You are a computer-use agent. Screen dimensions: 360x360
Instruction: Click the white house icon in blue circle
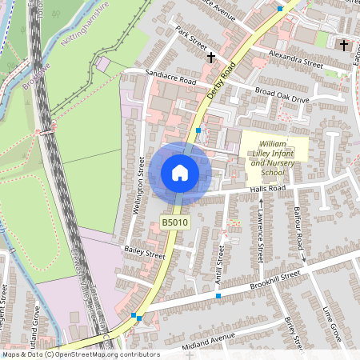click(x=179, y=173)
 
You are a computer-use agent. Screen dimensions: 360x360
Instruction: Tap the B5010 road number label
click(x=174, y=222)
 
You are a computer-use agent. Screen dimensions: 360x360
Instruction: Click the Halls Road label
click(x=267, y=189)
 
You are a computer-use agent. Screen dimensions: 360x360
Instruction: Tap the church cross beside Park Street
click(x=211, y=58)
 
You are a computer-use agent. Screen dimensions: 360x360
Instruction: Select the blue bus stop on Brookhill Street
click(x=218, y=296)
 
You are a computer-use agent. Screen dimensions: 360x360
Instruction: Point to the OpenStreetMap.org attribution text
click(x=80, y=354)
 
